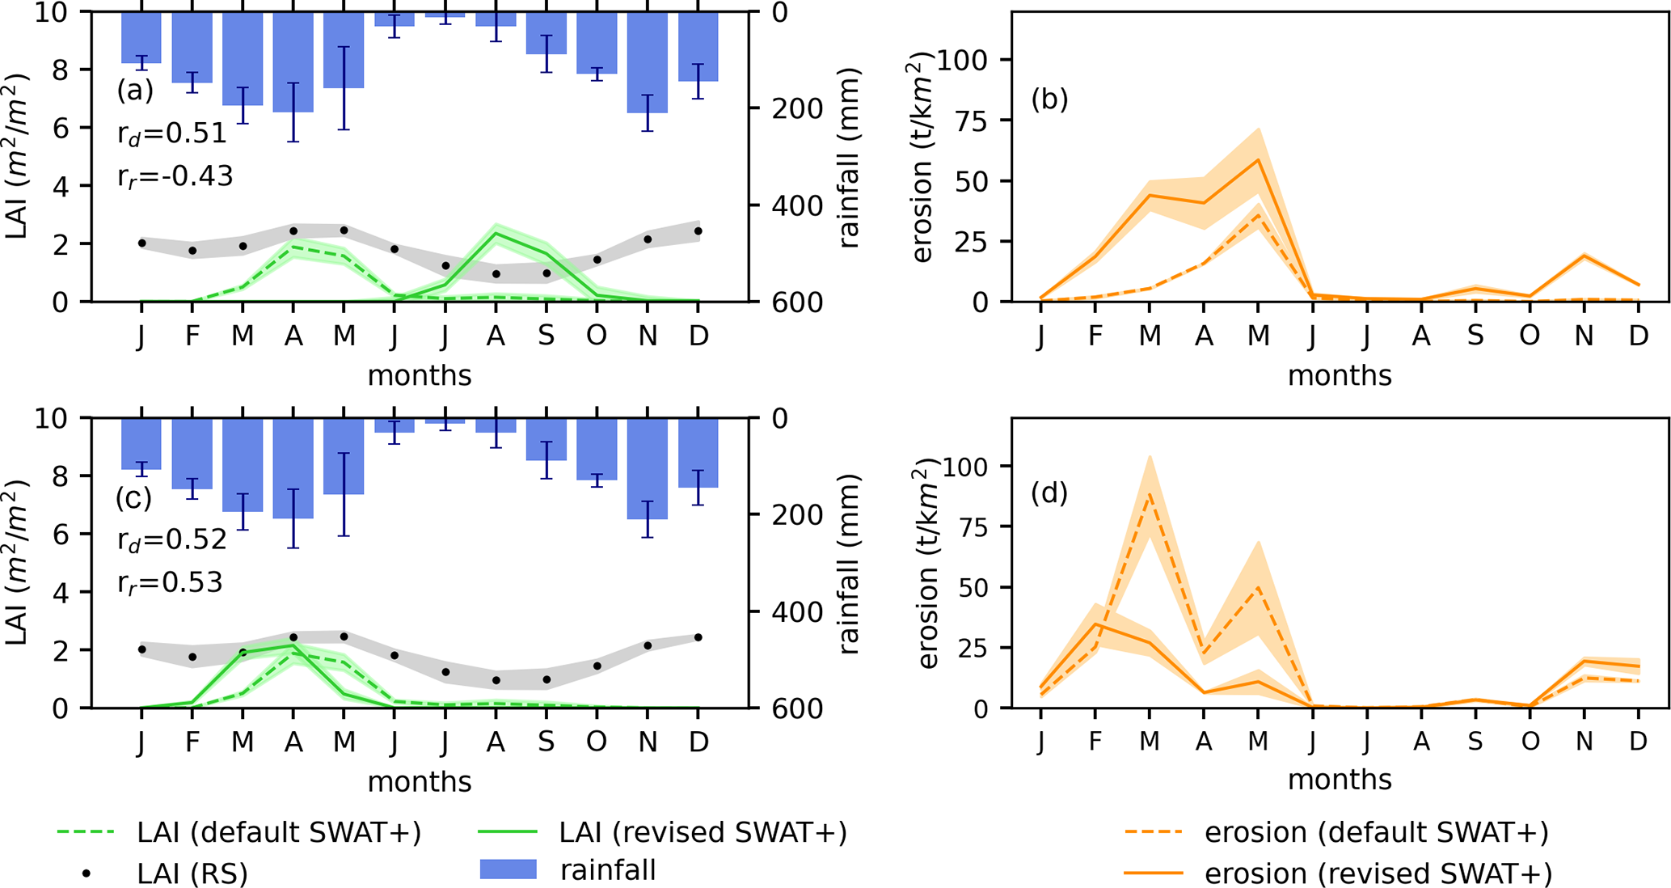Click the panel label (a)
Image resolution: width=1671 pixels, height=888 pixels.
[134, 90]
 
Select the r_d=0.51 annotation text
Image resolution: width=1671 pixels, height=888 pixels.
[172, 133]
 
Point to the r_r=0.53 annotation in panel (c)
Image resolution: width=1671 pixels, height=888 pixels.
[170, 582]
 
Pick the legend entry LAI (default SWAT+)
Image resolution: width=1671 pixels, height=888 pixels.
[239, 832]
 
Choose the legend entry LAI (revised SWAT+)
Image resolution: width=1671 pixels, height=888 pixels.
[663, 832]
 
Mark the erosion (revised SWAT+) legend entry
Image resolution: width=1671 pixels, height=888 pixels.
[1338, 873]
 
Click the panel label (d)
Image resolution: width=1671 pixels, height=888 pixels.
[1049, 493]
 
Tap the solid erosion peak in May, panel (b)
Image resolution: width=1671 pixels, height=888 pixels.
[1258, 159]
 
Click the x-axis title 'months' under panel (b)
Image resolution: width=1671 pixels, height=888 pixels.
[1340, 375]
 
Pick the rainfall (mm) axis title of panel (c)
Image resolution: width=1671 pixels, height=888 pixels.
[848, 565]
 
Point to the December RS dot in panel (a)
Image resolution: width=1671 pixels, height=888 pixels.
[698, 231]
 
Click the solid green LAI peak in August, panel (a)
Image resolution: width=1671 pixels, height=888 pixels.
[496, 234]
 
